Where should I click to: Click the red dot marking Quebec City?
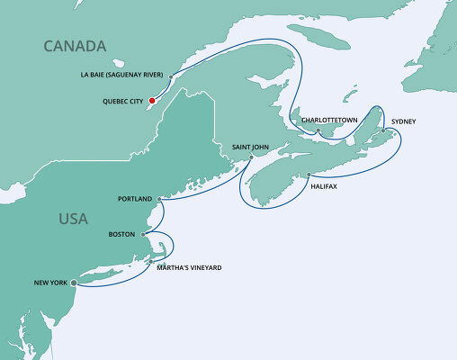click(x=153, y=101)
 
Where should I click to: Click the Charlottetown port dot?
click(x=318, y=131)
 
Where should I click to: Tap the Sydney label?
click(x=403, y=121)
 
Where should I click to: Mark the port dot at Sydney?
click(x=383, y=131)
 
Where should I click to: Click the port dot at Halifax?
click(x=309, y=175)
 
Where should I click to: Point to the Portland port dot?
click(x=159, y=198)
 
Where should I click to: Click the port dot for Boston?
click(x=144, y=234)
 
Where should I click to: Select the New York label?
click(x=50, y=283)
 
